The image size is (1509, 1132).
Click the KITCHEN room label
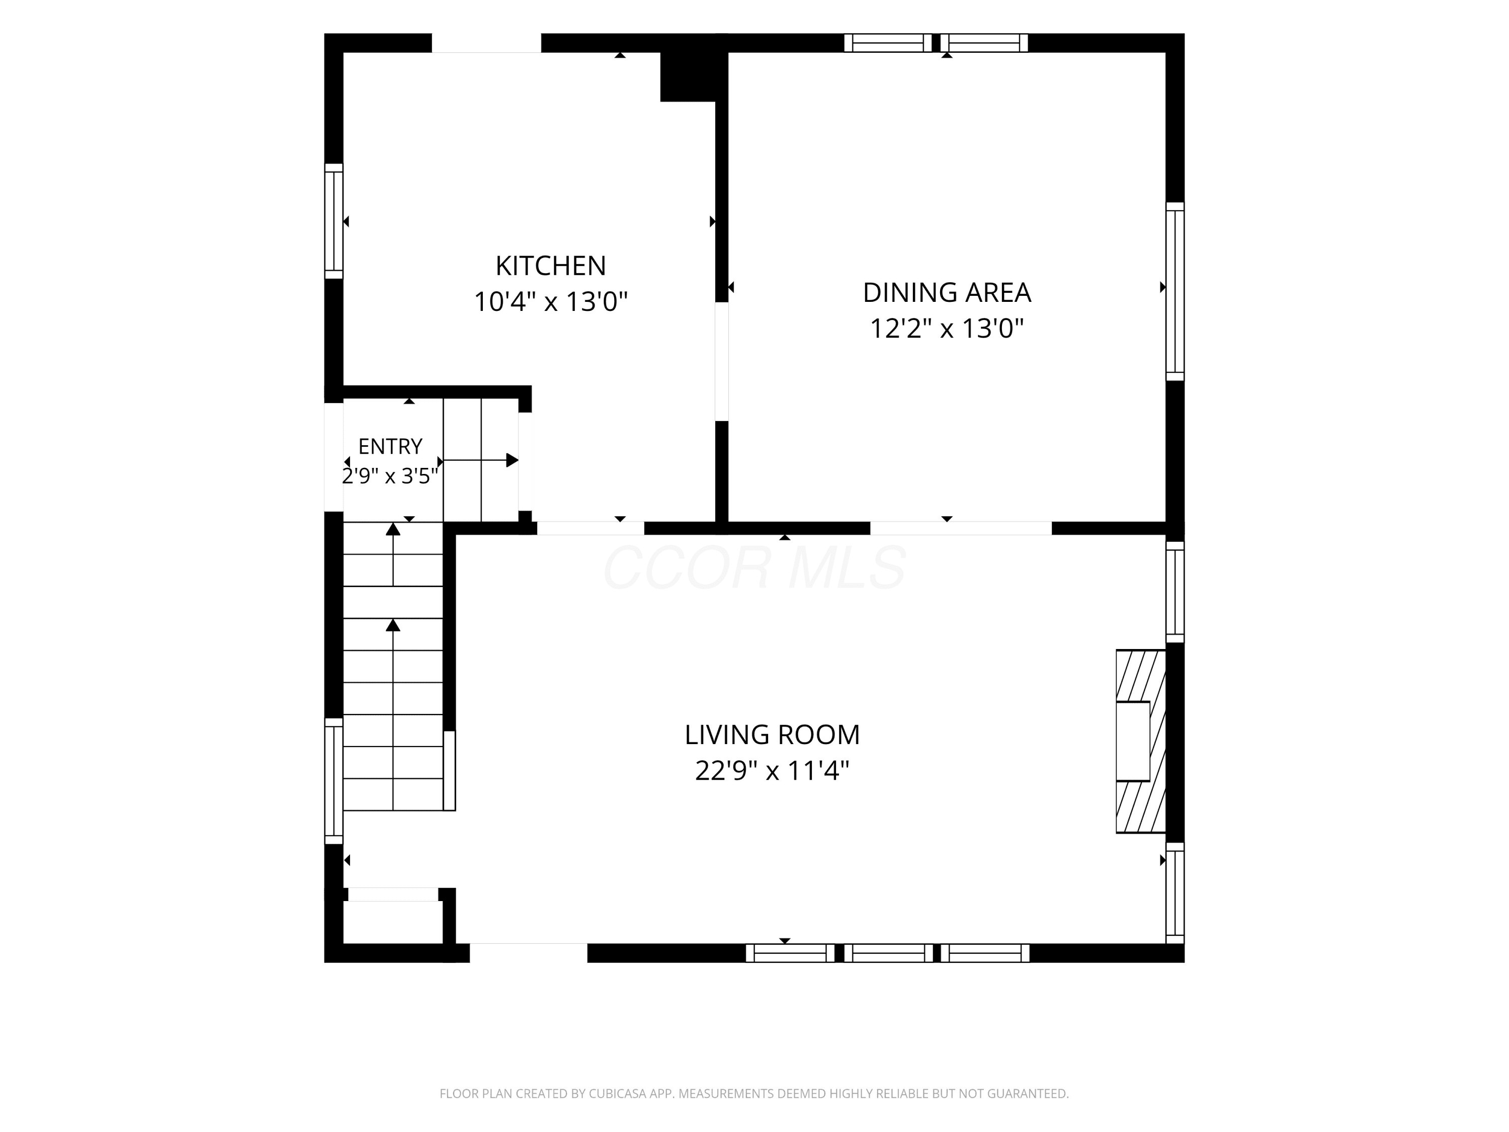(550, 266)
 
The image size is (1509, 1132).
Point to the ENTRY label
(390, 446)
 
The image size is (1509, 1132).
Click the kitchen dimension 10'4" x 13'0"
(550, 301)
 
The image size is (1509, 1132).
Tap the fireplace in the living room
(1141, 741)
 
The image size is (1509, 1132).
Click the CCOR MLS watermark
(754, 567)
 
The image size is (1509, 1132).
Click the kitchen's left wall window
(333, 221)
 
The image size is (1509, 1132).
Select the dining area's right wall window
(1175, 291)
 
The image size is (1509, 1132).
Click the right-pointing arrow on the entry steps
(481, 460)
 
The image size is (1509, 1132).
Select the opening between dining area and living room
(961, 528)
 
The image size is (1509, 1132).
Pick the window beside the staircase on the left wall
(333, 781)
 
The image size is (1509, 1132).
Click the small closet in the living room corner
(393, 921)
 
